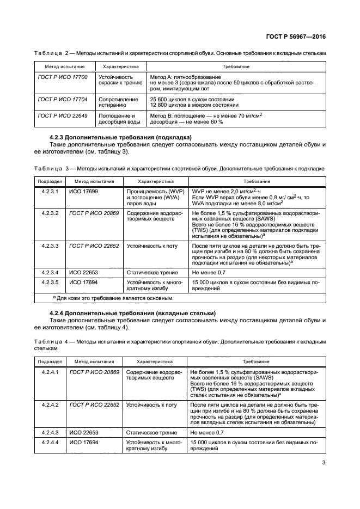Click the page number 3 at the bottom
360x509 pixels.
click(323, 463)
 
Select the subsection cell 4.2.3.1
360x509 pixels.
click(50, 192)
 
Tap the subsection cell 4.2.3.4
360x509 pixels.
click(50, 271)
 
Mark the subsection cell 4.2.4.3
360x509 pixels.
click(50, 431)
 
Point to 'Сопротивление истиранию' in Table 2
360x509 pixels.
click(117, 103)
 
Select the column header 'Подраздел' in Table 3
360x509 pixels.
click(50, 181)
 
